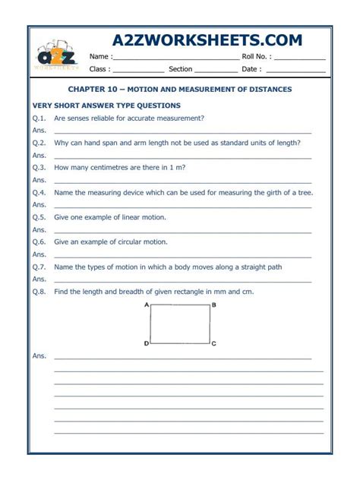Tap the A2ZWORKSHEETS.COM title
point(207,40)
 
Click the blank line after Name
point(176,58)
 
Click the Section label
point(181,69)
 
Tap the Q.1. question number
point(39,118)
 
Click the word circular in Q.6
point(128,242)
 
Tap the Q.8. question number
point(39,292)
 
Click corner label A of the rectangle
point(145,305)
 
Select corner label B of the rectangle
point(214,305)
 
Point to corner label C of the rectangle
point(214,344)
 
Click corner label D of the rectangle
point(146,344)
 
